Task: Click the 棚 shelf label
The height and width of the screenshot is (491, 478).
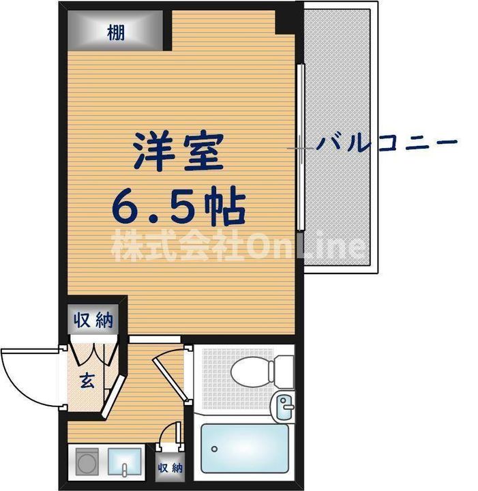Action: pyautogui.click(x=115, y=32)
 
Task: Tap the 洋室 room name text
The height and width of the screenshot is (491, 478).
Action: pyautogui.click(x=179, y=151)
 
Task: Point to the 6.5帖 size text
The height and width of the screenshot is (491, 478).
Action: pyautogui.click(x=179, y=207)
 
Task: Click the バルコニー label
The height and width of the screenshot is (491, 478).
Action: pyautogui.click(x=386, y=143)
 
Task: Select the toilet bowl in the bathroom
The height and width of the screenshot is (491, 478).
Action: pyautogui.click(x=250, y=372)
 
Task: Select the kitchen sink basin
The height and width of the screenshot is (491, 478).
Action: pyautogui.click(x=124, y=462)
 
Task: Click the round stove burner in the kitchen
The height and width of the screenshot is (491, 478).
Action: pyautogui.click(x=87, y=462)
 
